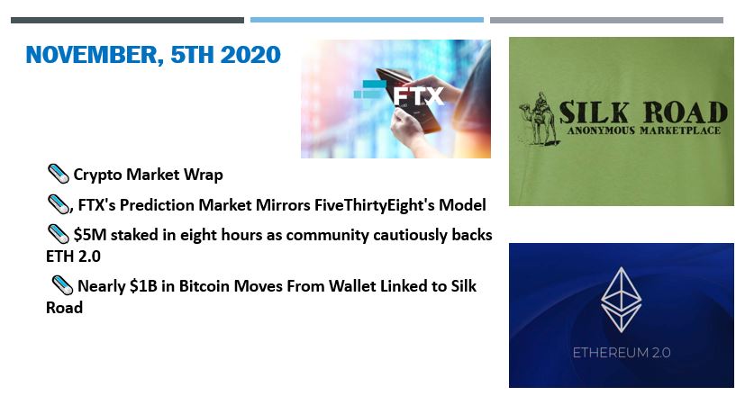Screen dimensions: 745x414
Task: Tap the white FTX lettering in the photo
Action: point(418,96)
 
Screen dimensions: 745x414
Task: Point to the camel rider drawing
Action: point(539,119)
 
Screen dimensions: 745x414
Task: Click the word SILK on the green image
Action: point(594,112)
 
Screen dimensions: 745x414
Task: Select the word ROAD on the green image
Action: point(686,112)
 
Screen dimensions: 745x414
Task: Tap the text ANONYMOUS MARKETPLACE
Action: point(643,130)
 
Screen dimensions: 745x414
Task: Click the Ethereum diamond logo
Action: point(621,299)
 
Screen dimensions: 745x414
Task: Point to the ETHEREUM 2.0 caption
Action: point(622,353)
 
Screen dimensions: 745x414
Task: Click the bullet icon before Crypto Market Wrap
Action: point(59,174)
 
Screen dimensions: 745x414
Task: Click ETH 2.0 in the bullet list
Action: point(73,256)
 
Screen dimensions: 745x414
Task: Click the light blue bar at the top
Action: point(367,20)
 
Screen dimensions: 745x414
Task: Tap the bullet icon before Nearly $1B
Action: point(62,285)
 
